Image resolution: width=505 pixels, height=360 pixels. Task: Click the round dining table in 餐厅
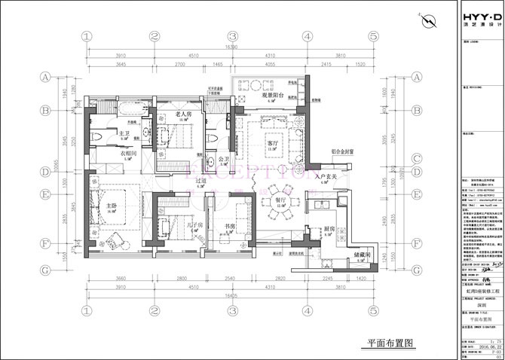pyautogui.click(x=280, y=208)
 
